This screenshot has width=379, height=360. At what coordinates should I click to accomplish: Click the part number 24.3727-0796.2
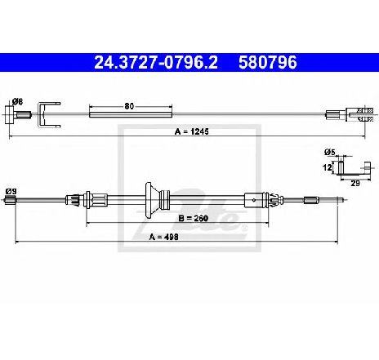tap(156, 62)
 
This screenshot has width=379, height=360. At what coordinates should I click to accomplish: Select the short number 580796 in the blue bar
tap(267, 62)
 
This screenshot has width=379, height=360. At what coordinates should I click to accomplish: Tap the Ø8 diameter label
tap(17, 102)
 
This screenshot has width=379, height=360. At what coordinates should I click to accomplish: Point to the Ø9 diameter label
tap(11, 191)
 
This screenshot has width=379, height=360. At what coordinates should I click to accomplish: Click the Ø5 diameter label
tap(330, 153)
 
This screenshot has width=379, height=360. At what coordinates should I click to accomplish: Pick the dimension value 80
tap(129, 106)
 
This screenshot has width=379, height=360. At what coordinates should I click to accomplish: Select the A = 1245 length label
tap(192, 131)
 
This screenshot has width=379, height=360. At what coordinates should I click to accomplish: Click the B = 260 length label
tap(193, 218)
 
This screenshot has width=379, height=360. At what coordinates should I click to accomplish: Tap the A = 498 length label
tap(164, 237)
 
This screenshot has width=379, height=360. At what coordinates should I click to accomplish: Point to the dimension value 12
tap(328, 167)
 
